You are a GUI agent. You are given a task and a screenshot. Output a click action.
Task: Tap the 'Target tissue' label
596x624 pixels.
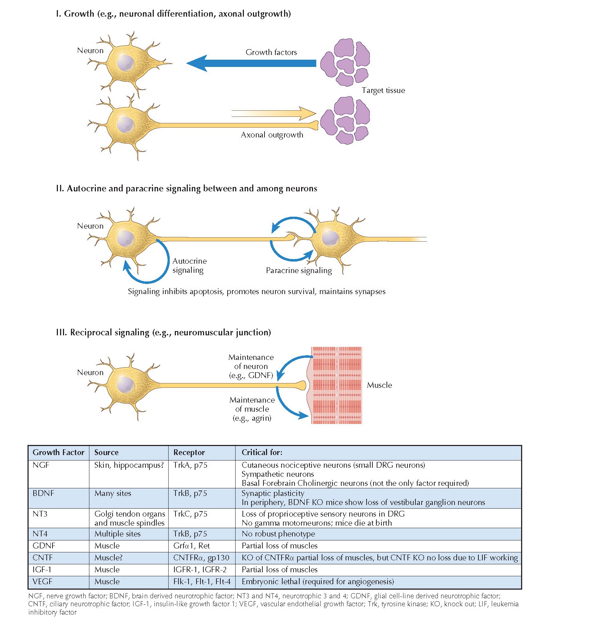click(383, 90)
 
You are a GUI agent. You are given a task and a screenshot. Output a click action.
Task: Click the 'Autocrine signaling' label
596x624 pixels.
click(189, 266)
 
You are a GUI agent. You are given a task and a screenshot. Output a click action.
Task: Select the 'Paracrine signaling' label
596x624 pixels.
click(299, 271)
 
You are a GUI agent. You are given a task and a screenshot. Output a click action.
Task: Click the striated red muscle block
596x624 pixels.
click(337, 385)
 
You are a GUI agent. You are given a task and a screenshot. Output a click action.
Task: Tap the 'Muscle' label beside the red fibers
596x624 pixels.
click(379, 385)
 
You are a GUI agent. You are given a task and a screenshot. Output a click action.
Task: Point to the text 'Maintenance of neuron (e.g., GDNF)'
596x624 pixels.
click(251, 366)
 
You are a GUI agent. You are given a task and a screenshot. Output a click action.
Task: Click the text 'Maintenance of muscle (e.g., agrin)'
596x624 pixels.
click(252, 409)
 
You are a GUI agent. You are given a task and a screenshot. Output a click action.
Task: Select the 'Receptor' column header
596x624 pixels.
click(189, 453)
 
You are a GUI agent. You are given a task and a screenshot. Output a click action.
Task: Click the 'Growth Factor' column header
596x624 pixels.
click(58, 453)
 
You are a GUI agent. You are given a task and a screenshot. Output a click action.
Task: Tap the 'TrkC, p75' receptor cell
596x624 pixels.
click(190, 514)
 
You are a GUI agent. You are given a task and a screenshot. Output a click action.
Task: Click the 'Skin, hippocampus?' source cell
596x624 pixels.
click(129, 465)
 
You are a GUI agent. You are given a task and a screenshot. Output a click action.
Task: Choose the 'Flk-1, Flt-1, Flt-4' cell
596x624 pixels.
click(202, 582)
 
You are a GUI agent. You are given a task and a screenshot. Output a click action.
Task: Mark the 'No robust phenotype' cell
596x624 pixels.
click(278, 534)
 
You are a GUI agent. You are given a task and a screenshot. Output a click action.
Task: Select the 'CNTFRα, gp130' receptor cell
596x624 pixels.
click(201, 558)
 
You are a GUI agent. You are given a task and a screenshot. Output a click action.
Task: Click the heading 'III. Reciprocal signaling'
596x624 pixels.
click(163, 332)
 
